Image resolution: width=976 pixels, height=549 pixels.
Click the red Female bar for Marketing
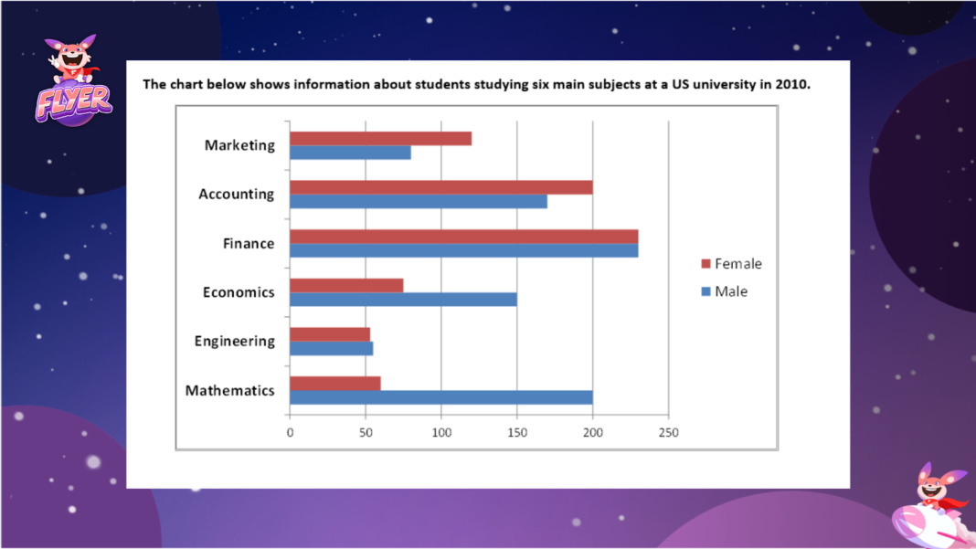(380, 138)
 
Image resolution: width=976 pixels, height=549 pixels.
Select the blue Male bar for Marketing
(350, 153)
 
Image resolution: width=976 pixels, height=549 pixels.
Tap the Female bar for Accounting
(440, 187)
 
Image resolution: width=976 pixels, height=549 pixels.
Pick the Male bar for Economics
(403, 300)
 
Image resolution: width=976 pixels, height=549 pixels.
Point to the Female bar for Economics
(346, 285)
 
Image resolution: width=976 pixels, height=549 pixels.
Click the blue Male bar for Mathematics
(440, 397)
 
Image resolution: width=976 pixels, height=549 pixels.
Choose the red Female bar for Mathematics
(334, 383)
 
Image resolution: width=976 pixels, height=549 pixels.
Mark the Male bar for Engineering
(331, 348)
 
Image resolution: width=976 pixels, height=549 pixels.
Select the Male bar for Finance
(463, 250)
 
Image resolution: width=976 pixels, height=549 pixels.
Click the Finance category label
(249, 244)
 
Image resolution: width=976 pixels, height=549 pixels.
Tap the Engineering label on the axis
(234, 342)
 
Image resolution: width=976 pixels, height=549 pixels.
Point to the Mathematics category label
(229, 391)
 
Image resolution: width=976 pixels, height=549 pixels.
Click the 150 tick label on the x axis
(517, 433)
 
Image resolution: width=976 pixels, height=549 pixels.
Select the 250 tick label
(668, 433)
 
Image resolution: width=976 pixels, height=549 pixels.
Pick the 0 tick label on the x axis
(290, 433)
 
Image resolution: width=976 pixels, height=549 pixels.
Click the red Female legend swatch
(705, 264)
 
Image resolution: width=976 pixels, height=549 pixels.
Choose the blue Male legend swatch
(705, 291)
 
